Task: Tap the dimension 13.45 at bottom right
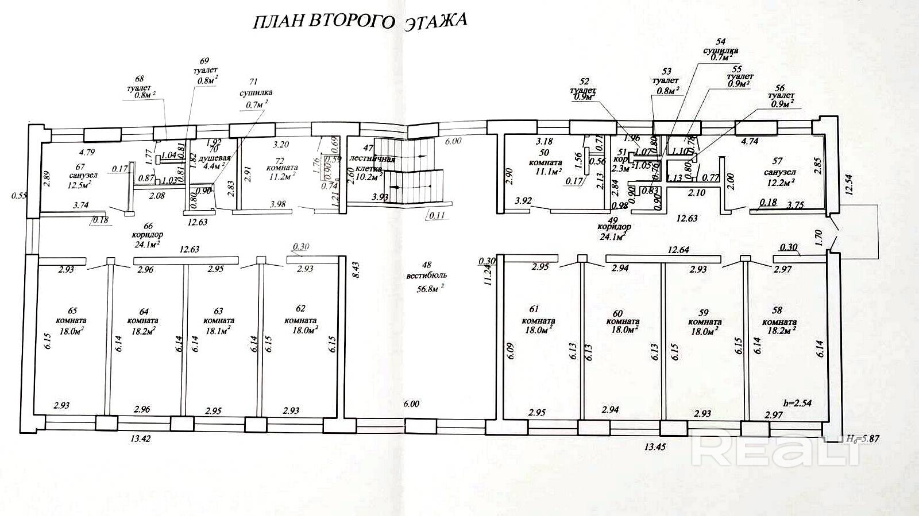tap(655, 447)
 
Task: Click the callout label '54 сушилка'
tap(720, 49)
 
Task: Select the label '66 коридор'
tap(147, 235)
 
